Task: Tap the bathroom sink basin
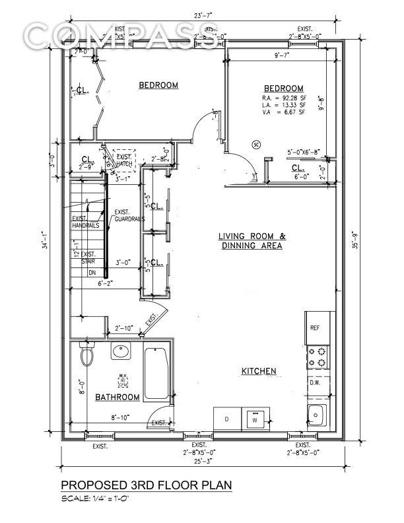click(121, 352)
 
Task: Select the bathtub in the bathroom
click(156, 373)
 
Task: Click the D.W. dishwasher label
click(315, 382)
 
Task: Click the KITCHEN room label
click(258, 371)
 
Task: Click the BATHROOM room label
click(118, 397)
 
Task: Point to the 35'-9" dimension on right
click(355, 241)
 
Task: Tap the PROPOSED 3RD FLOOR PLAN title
click(147, 485)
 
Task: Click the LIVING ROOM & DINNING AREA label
click(252, 241)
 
